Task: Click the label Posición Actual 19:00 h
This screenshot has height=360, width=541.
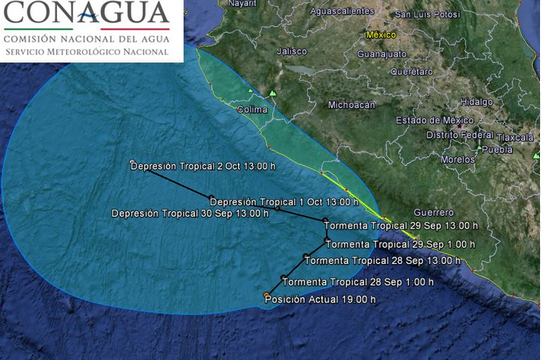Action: tap(315, 297)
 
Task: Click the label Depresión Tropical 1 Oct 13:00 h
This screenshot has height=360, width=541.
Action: tap(269, 201)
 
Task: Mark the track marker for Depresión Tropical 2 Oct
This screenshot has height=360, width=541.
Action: tap(132, 163)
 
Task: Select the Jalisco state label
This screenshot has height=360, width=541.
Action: tap(291, 50)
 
